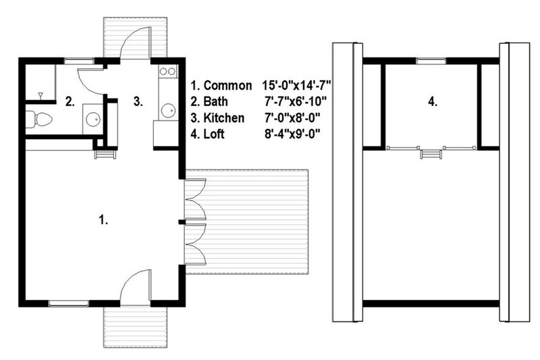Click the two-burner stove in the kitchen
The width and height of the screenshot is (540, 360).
point(167,72)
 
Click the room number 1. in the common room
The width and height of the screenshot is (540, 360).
point(103,220)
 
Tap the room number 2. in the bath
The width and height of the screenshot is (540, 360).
point(69,103)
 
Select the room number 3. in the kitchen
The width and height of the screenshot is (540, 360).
point(138,103)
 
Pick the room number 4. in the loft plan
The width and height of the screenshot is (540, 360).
point(433,103)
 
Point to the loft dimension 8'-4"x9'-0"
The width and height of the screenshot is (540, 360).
point(291,134)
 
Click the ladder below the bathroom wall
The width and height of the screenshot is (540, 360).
point(103,154)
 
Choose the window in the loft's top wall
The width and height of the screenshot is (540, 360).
point(426,61)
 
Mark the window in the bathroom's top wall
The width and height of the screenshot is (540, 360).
point(78,61)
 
